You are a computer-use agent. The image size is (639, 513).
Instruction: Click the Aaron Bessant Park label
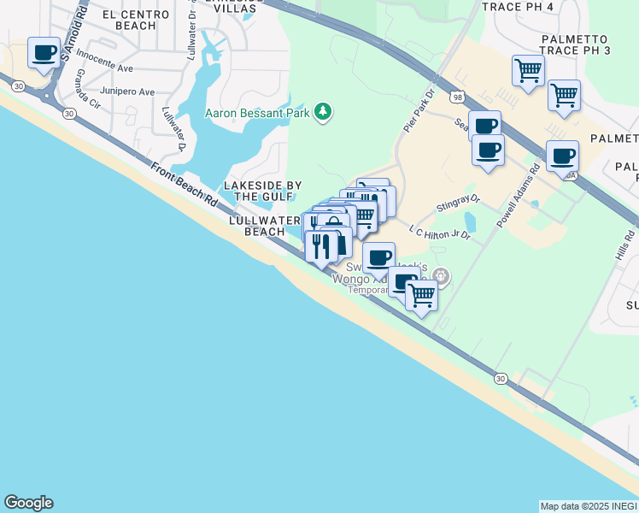coord(257,113)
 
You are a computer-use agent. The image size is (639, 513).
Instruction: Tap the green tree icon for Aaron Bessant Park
coord(323,112)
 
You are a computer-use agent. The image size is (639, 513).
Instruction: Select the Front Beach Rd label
coord(184,182)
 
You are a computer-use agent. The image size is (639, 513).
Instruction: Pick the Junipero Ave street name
coord(127,91)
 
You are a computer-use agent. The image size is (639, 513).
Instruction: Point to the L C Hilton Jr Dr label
coord(440,232)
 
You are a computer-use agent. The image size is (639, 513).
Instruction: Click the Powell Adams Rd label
coord(517,196)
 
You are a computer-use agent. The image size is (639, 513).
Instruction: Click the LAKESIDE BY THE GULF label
coord(262,191)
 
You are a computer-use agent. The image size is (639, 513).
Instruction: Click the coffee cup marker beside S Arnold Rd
coord(44,53)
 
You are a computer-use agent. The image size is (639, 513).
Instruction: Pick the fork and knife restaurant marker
coord(321,247)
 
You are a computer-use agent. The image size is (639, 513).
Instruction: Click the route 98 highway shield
coord(459,98)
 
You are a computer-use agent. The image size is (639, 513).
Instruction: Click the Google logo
coord(28,503)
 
